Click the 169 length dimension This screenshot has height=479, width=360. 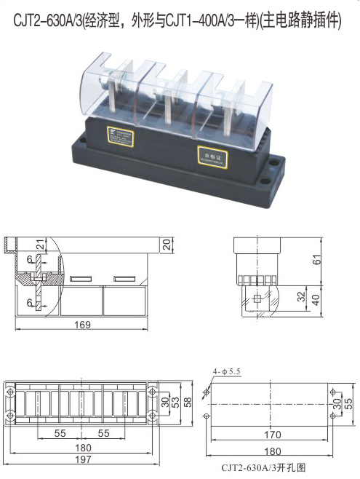pos(83,325)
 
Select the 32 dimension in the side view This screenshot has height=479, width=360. pos(300,296)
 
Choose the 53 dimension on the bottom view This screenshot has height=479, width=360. pos(175,403)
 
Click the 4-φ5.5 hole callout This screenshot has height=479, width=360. pos(226,372)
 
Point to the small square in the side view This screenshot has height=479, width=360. pos(256,298)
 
